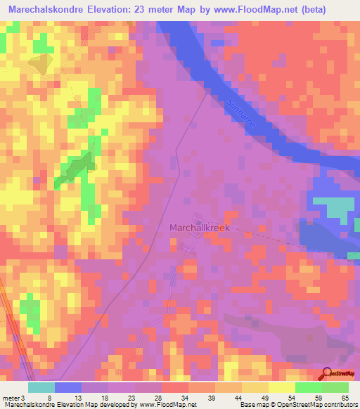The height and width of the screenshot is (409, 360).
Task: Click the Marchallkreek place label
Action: (x=200, y=228)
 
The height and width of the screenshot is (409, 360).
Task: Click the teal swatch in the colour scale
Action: (x=41, y=387)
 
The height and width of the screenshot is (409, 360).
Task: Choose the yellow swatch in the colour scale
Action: (x=281, y=387)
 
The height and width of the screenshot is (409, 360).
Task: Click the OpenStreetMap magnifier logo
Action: (x=326, y=374)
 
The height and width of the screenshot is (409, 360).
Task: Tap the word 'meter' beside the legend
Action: (x=12, y=397)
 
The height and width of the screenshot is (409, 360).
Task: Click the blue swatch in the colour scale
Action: (x=68, y=387)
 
